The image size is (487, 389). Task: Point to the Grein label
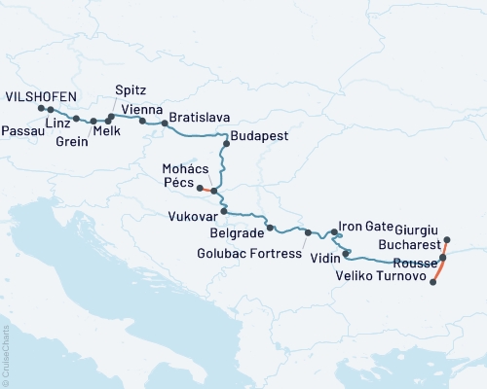[x=73, y=142]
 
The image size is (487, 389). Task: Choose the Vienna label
[x=141, y=109]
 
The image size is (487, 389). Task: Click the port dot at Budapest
[x=226, y=144]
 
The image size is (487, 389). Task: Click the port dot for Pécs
[x=199, y=188]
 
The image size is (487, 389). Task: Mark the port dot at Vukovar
[x=223, y=211]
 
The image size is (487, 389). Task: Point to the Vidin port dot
[x=347, y=254]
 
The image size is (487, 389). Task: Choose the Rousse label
[x=415, y=264]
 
